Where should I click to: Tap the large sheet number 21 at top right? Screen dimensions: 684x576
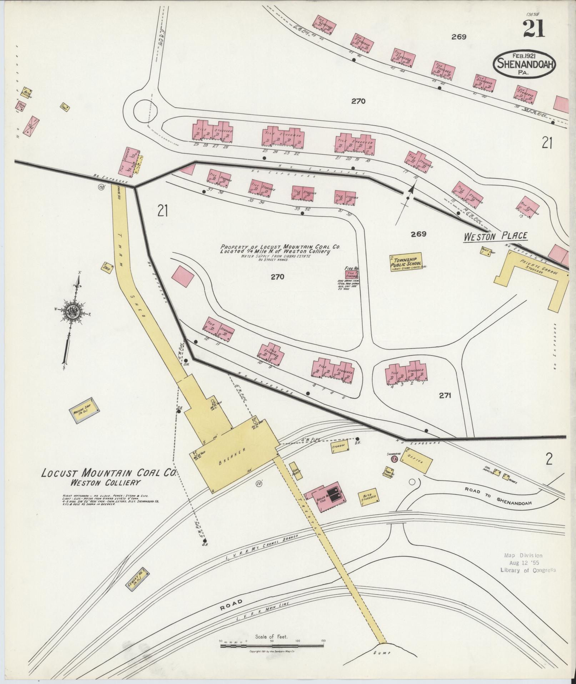pos(534,29)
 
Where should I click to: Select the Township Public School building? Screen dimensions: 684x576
pos(406,262)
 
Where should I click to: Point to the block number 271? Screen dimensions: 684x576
pos(445,395)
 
